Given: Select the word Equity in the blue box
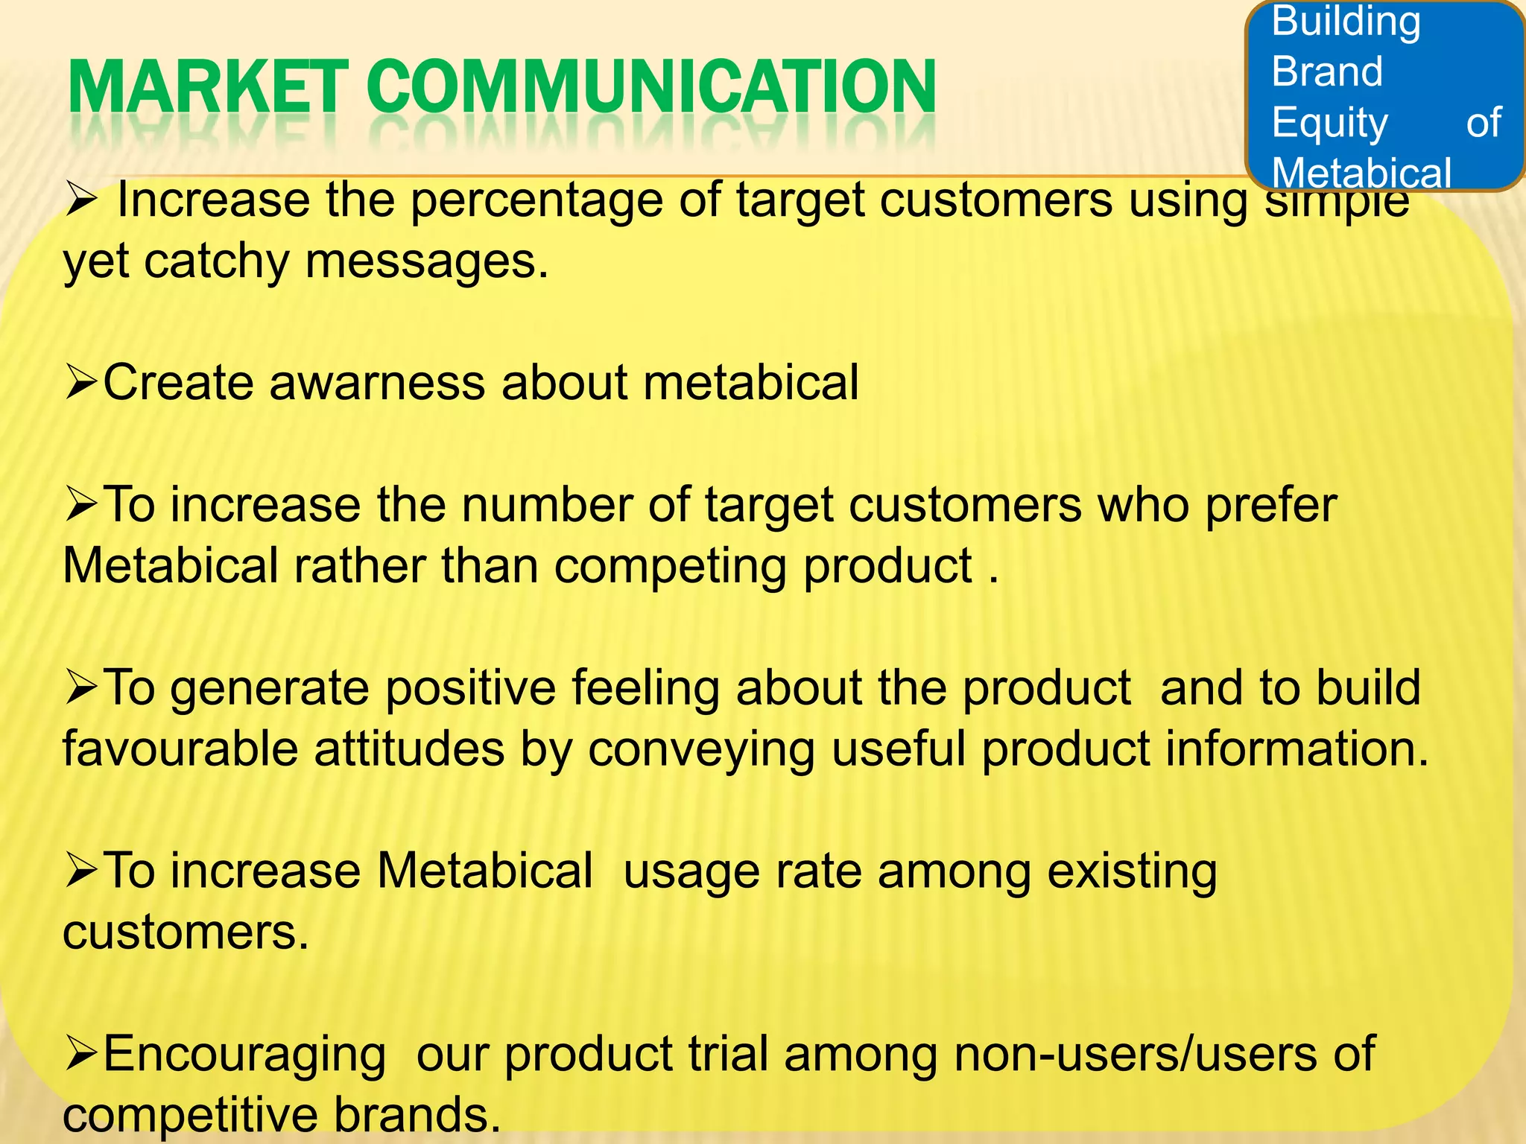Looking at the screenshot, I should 1330,123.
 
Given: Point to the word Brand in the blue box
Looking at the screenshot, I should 1327,71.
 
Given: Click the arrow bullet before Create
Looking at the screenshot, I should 80,383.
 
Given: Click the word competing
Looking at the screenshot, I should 670,567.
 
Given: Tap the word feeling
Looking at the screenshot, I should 645,687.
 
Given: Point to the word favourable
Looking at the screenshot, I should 180,749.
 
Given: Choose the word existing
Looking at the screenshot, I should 1132,871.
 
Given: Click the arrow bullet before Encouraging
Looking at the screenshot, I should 80,1055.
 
